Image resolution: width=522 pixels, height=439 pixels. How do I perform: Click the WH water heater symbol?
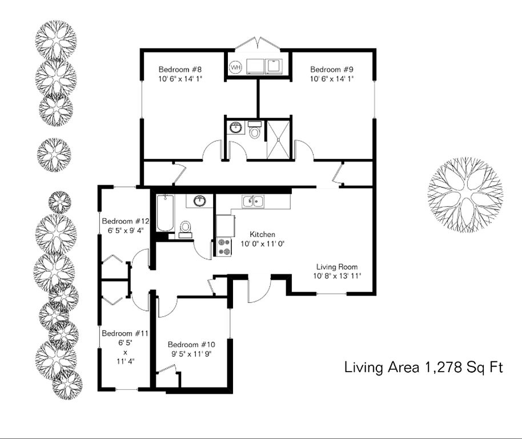(x=236, y=67)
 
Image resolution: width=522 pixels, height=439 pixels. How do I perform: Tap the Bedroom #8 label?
(x=180, y=70)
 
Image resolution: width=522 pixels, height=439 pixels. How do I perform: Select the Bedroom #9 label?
(x=332, y=70)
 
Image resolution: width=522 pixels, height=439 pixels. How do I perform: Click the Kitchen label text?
(x=262, y=234)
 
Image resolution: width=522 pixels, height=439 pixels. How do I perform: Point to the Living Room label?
(x=337, y=267)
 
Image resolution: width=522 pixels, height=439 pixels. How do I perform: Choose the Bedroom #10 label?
(x=191, y=345)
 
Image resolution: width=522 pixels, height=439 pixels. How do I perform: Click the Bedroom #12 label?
(x=126, y=221)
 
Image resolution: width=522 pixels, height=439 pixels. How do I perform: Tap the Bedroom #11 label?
(x=125, y=333)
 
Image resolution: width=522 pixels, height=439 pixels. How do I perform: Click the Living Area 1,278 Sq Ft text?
(x=423, y=368)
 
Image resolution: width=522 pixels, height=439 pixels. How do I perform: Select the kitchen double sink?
(x=254, y=202)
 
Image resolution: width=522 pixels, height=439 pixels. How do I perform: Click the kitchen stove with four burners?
(x=224, y=247)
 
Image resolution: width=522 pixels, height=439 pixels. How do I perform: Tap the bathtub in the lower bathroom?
(x=165, y=213)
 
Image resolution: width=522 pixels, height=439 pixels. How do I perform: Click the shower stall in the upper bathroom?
(x=279, y=140)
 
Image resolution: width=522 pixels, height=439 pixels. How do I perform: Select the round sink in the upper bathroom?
(x=236, y=127)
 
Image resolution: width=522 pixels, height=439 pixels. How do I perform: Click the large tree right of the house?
(x=465, y=195)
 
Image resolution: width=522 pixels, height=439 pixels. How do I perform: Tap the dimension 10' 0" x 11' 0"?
(x=262, y=244)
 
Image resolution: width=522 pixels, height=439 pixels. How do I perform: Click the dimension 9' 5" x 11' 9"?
(x=191, y=354)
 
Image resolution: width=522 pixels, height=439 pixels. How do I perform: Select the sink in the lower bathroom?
(x=199, y=201)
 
